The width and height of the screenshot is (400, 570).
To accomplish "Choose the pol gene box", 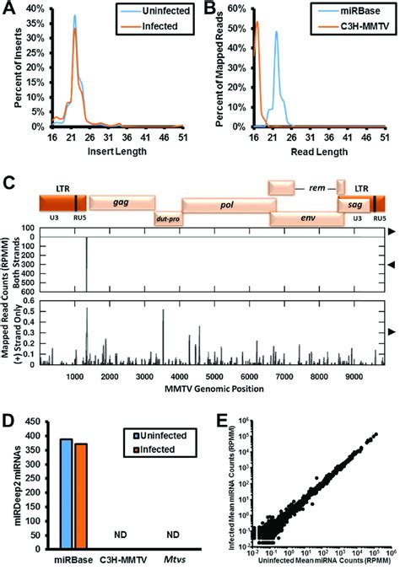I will coord(225,202).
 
